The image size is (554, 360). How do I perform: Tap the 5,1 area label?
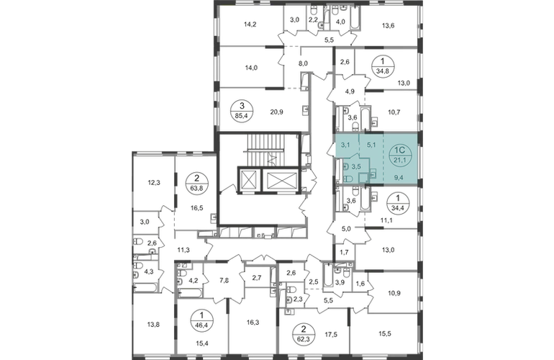pos(371,144)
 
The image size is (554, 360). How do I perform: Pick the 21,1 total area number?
pos(399,160)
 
